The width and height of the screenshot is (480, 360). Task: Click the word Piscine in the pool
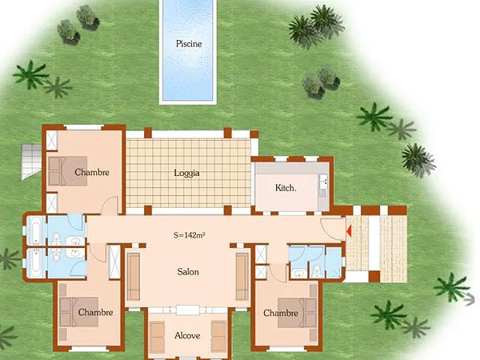pyautogui.click(x=188, y=44)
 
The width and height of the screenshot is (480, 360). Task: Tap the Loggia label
pyautogui.click(x=186, y=172)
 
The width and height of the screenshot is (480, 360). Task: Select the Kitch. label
pyautogui.click(x=286, y=188)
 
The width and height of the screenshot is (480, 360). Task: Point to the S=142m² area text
pyautogui.click(x=190, y=235)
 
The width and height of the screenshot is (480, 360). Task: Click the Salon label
pyautogui.click(x=188, y=272)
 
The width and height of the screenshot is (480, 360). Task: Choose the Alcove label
pyautogui.click(x=187, y=335)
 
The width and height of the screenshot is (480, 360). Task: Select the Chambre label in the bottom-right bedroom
pyautogui.click(x=280, y=313)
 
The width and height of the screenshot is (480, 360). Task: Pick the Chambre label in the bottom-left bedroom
pyautogui.click(x=96, y=313)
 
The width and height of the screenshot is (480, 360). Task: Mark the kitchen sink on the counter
pyautogui.click(x=322, y=186)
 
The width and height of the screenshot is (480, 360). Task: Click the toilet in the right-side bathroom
pyautogui.click(x=317, y=269)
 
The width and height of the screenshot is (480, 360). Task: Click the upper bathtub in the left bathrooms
pyautogui.click(x=38, y=230)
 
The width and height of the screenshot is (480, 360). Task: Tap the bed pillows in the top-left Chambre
pyautogui.click(x=56, y=170)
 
